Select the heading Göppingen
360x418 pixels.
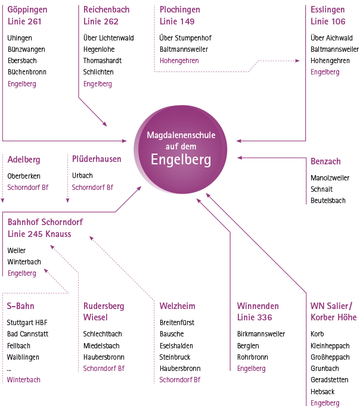pos(27,10)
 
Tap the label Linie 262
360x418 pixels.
pos(101,21)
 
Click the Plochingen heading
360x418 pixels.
pos(179,10)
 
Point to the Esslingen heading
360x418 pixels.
pos(327,10)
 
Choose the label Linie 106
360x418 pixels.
pos(328,21)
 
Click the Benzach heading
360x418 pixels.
pos(325,161)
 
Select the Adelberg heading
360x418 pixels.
pos(24,160)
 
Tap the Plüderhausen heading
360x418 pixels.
pos(97,160)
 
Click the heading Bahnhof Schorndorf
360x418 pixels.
pos(45,222)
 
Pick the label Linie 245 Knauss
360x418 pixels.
pos(39,234)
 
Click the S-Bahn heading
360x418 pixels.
pos(21,306)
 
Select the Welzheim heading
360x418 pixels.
pos(177,306)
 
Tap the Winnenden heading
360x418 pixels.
pos(257,306)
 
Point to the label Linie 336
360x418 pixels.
pos(255,317)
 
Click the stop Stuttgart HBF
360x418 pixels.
pos(27,323)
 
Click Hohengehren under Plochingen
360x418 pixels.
pos(179,61)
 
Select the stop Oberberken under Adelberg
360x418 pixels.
pos(24,176)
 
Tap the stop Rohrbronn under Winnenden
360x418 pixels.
pos(252,357)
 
